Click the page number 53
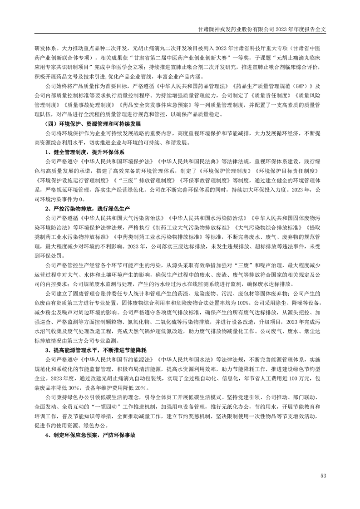(323, 475)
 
